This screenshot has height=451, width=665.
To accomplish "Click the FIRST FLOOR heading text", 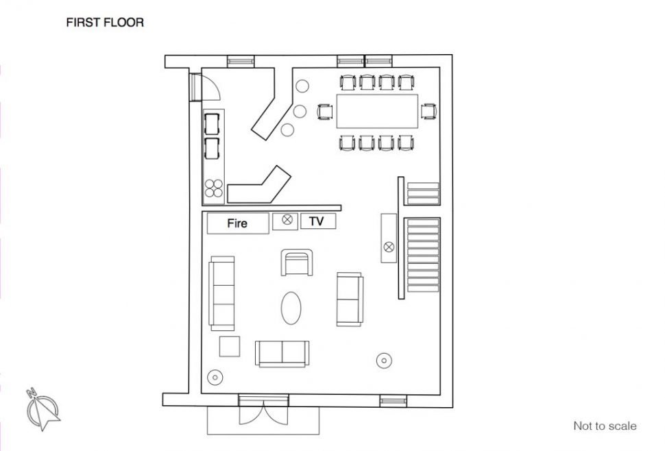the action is [105, 23].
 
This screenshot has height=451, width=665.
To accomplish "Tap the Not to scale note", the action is [605, 426].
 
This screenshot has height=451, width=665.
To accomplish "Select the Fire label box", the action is [238, 223].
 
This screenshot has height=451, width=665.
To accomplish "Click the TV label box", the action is [318, 221].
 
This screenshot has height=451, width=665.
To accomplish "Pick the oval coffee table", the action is [291, 308].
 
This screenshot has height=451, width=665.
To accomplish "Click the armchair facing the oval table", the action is [297, 263].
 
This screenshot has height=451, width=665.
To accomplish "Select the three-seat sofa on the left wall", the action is [222, 293].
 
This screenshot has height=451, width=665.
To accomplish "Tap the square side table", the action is [230, 346].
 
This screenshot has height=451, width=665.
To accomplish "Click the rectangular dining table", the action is [378, 111].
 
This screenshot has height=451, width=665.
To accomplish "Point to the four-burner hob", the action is [214, 188].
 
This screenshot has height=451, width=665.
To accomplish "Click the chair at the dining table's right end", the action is [428, 112].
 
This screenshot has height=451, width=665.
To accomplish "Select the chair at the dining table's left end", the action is [325, 112].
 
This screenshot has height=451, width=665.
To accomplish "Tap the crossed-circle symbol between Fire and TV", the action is [287, 219].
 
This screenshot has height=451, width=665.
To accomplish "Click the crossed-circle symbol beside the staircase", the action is [389, 247].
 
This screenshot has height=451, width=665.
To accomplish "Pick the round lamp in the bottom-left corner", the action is [215, 377].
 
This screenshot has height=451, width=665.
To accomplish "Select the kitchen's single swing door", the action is [205, 87].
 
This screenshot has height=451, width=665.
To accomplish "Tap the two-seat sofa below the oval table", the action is [282, 354].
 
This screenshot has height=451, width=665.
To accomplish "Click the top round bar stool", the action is [302, 86].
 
